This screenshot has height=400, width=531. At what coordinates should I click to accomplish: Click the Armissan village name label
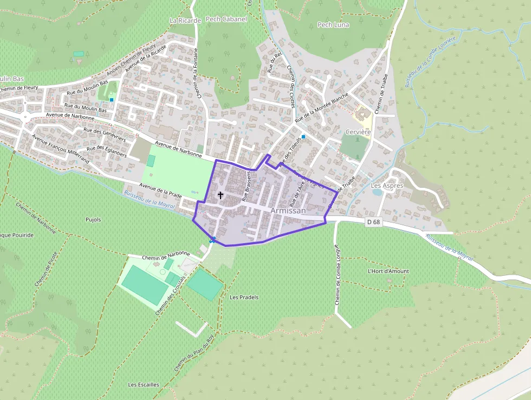pos(288,211)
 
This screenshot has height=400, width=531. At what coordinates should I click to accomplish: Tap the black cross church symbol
pos(221,194)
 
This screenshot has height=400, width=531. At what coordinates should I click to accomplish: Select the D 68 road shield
pos(374,221)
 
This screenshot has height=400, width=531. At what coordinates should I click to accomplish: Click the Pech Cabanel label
pos(226,20)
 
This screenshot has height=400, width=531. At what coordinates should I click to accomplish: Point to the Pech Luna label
pos(333,25)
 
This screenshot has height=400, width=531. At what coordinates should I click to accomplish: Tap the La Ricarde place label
pos(185,21)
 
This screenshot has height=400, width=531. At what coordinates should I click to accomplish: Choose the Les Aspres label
pos(387,186)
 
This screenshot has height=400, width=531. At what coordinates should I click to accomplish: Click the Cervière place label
pos(358,132)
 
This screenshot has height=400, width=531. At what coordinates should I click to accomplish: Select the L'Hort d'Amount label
pos(388,271)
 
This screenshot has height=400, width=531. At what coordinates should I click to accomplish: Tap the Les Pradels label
pos(244,297)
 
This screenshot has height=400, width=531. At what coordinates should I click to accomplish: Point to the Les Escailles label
pos(144,385)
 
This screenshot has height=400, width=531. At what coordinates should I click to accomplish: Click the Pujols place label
pos(93,220)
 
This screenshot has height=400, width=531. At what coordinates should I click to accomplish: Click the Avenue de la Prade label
pos(160,189)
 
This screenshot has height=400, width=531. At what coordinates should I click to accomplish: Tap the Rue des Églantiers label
pos(106,151)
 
